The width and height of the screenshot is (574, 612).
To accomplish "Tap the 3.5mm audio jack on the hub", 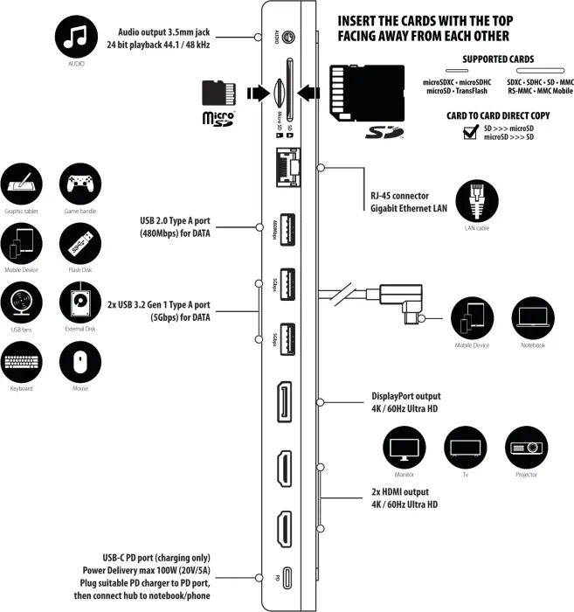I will (x=288, y=38).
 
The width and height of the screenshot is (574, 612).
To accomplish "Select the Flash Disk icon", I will (x=76, y=242).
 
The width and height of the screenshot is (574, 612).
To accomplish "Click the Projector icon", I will (x=525, y=446).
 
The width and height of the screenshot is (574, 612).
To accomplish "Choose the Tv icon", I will (x=464, y=446).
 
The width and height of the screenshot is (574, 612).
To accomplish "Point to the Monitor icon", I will (x=403, y=446).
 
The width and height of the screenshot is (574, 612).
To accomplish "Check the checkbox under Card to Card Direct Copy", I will (x=470, y=132).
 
